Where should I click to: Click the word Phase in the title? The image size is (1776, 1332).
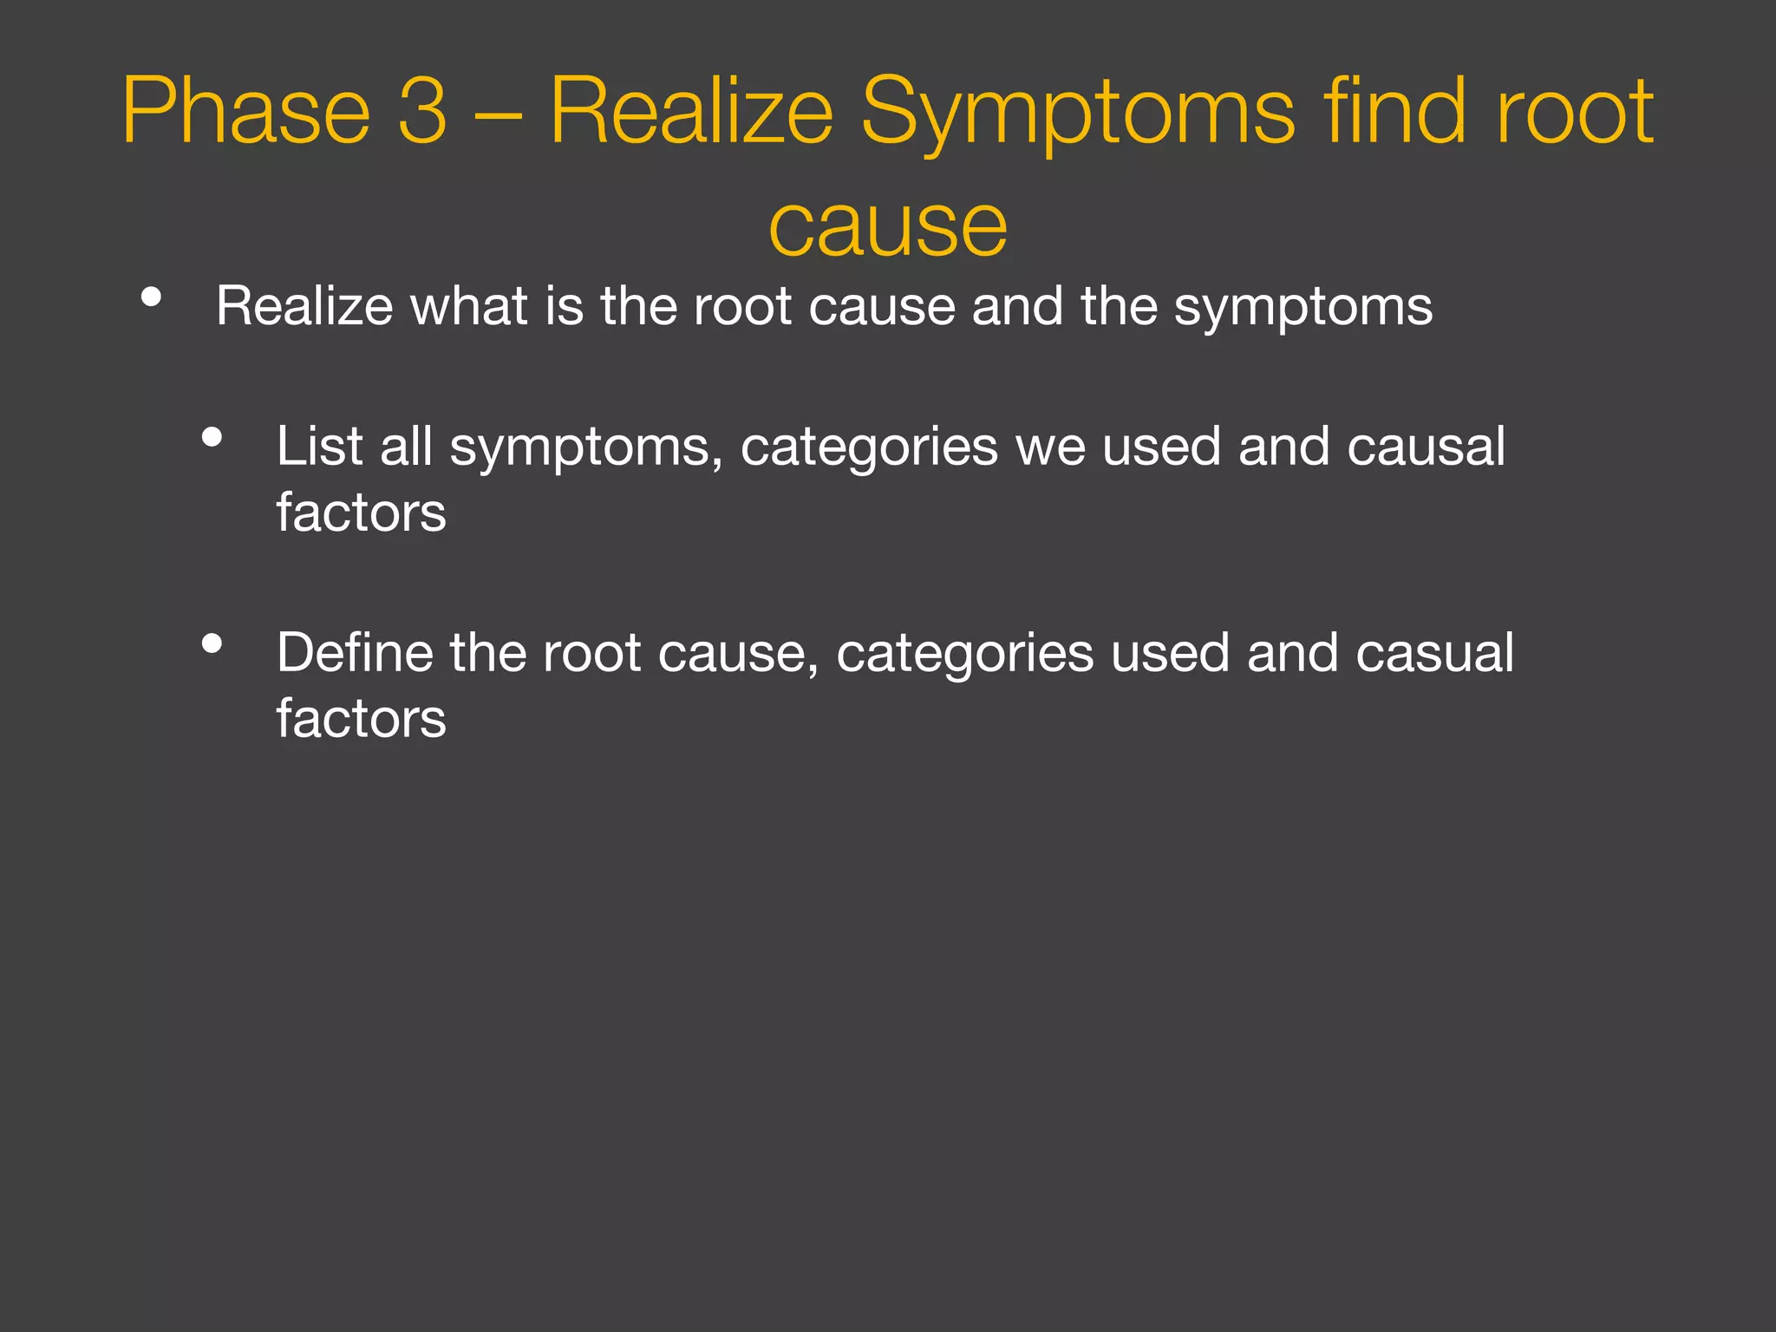pos(246,111)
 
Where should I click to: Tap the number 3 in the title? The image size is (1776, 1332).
pos(422,111)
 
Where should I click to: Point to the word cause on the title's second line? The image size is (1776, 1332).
pos(888,227)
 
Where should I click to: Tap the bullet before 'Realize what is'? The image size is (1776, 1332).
pos(151,297)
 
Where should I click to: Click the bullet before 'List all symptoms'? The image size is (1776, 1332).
pos(212,438)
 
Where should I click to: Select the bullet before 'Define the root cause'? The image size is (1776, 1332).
pos(212,643)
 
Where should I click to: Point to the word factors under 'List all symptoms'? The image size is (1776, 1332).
pos(361,513)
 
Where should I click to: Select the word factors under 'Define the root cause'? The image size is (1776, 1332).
pos(361,719)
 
